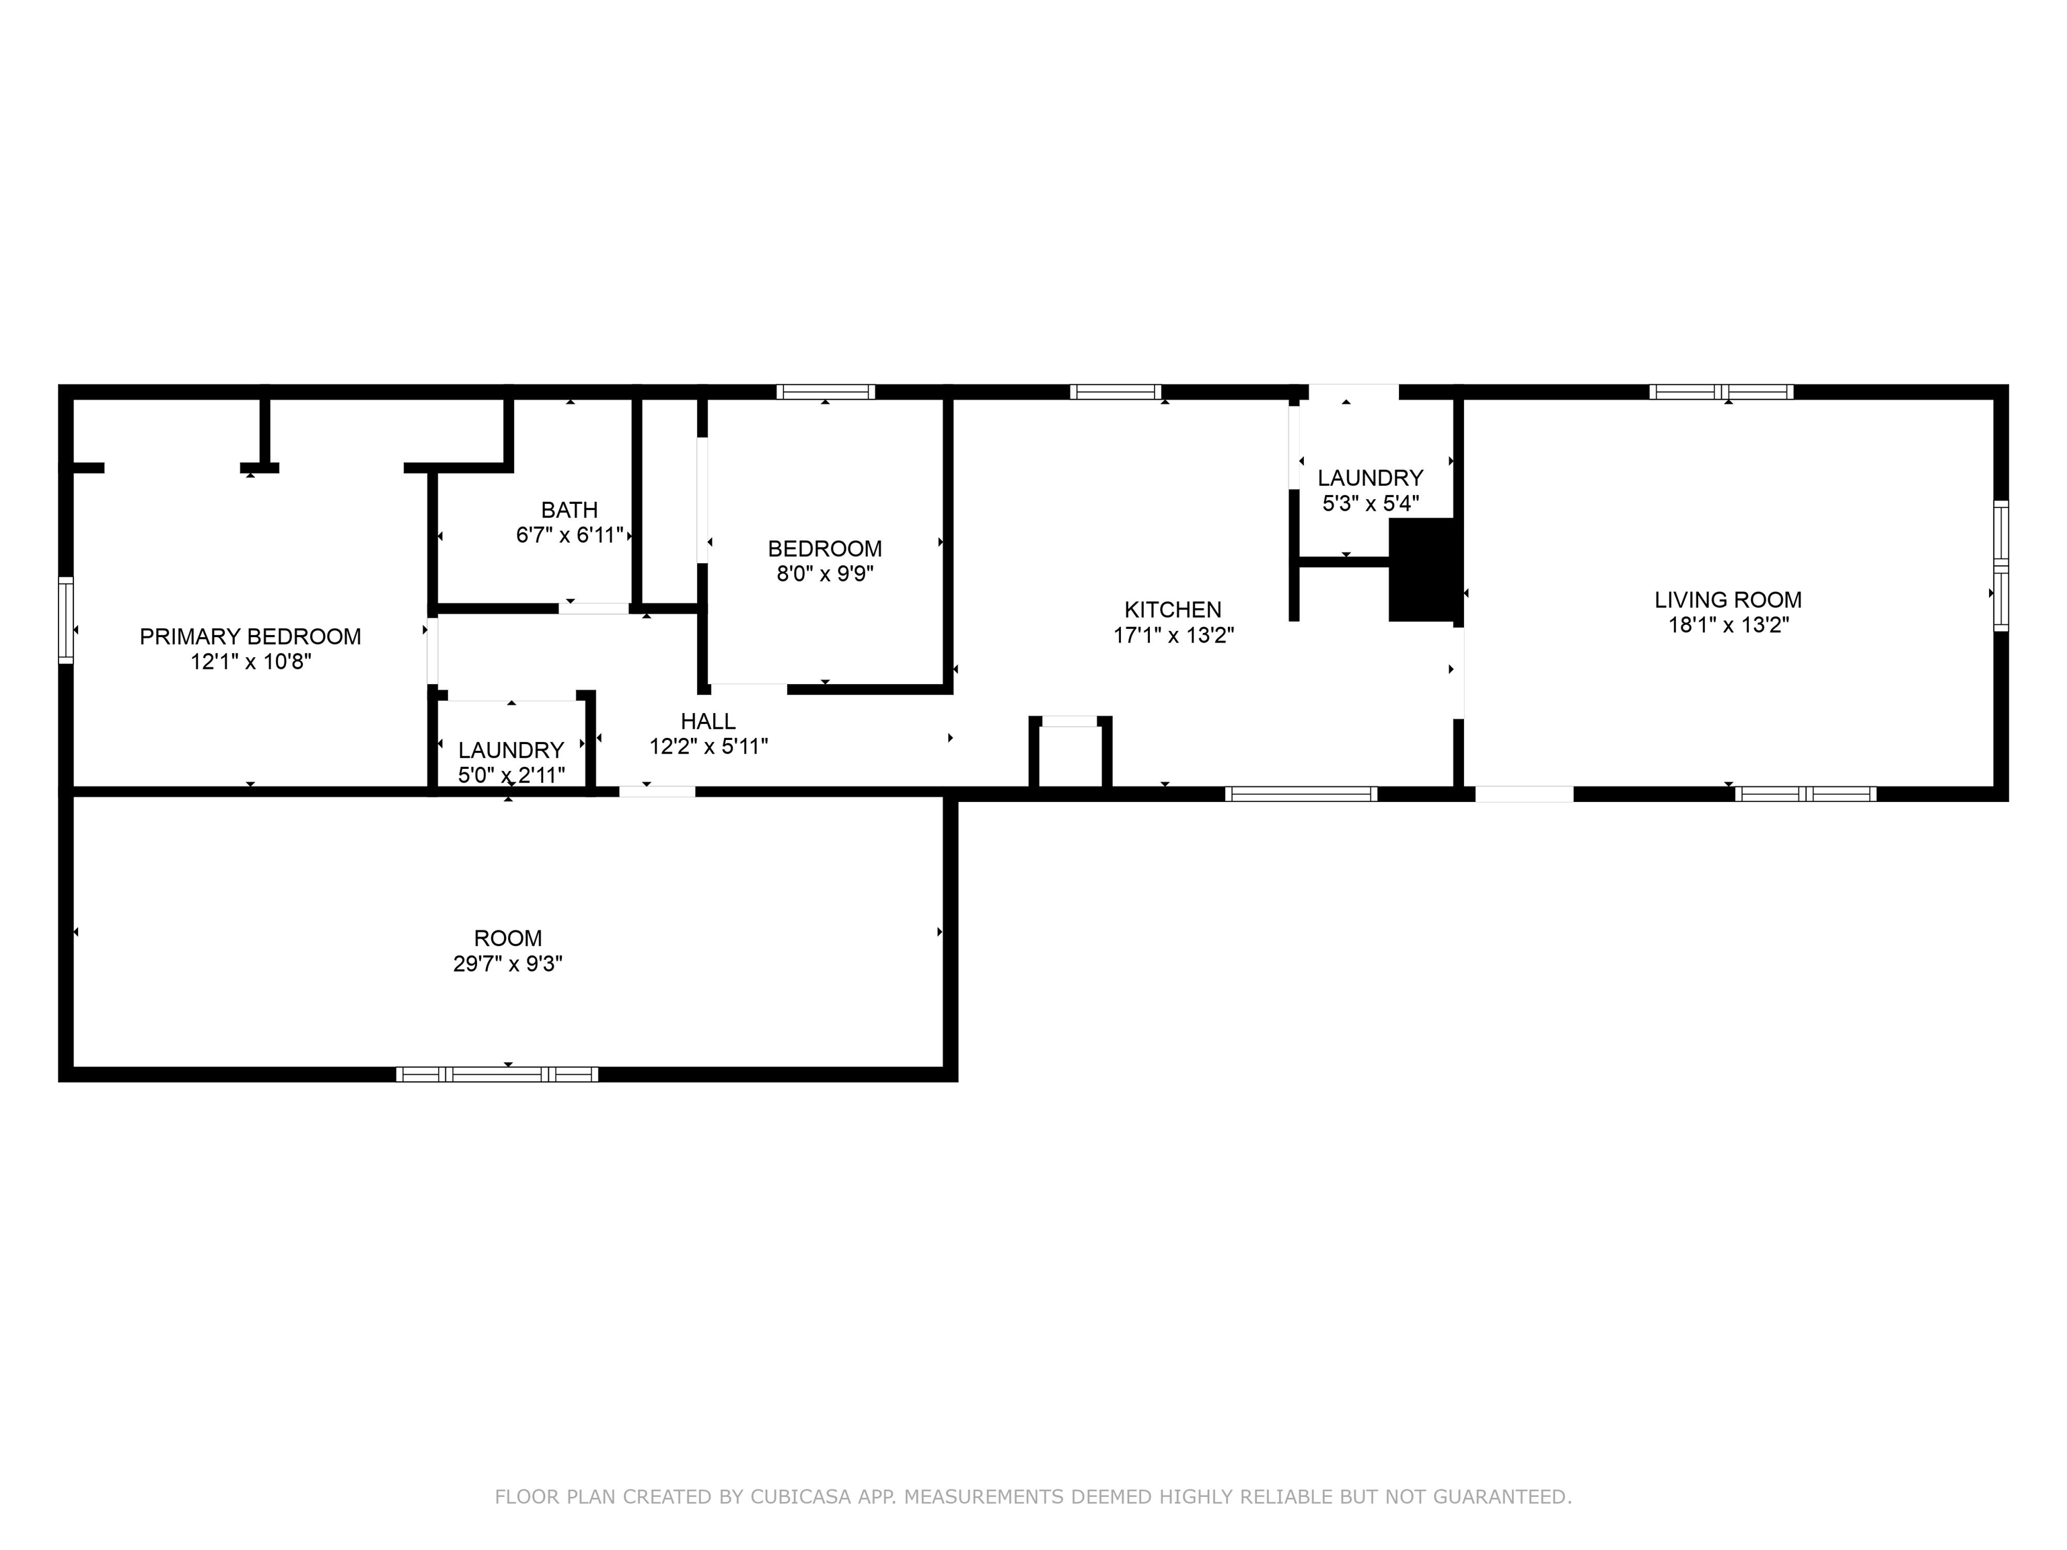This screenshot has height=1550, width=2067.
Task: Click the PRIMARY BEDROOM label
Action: [x=250, y=636]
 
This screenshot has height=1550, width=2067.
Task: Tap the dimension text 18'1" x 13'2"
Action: [x=1728, y=625]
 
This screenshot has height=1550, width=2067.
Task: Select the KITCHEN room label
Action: [x=1173, y=609]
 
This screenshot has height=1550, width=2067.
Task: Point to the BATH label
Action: [x=569, y=510]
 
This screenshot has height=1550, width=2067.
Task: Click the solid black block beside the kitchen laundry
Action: [x=1423, y=569]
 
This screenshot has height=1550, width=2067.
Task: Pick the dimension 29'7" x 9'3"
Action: [x=507, y=963]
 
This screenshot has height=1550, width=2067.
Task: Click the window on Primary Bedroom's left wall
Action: [x=65, y=620]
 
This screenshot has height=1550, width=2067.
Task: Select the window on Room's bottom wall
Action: [x=497, y=1074]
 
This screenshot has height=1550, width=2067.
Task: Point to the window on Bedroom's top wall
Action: [x=825, y=392]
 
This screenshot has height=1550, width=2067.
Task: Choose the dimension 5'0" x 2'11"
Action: [x=511, y=774]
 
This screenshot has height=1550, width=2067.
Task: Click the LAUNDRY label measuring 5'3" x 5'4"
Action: [x=1370, y=478]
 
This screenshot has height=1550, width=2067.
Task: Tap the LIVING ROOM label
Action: [x=1728, y=600]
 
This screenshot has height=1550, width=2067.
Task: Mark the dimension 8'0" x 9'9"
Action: [x=825, y=574]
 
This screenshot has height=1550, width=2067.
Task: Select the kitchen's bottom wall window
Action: [x=1301, y=794]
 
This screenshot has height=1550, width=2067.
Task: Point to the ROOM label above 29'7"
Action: [x=507, y=938]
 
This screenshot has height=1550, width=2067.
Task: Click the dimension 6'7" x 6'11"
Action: [x=569, y=536]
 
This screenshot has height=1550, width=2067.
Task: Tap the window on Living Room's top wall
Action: [x=1720, y=392]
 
